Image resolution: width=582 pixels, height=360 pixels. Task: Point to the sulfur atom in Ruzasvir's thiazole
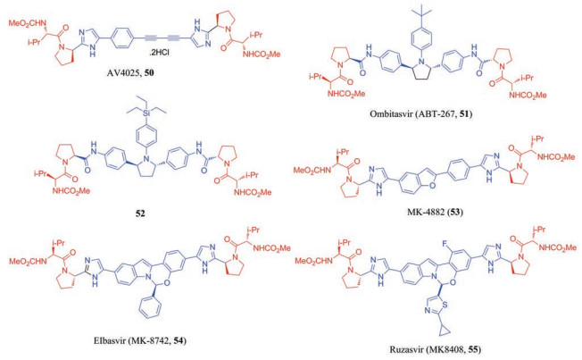449,304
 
